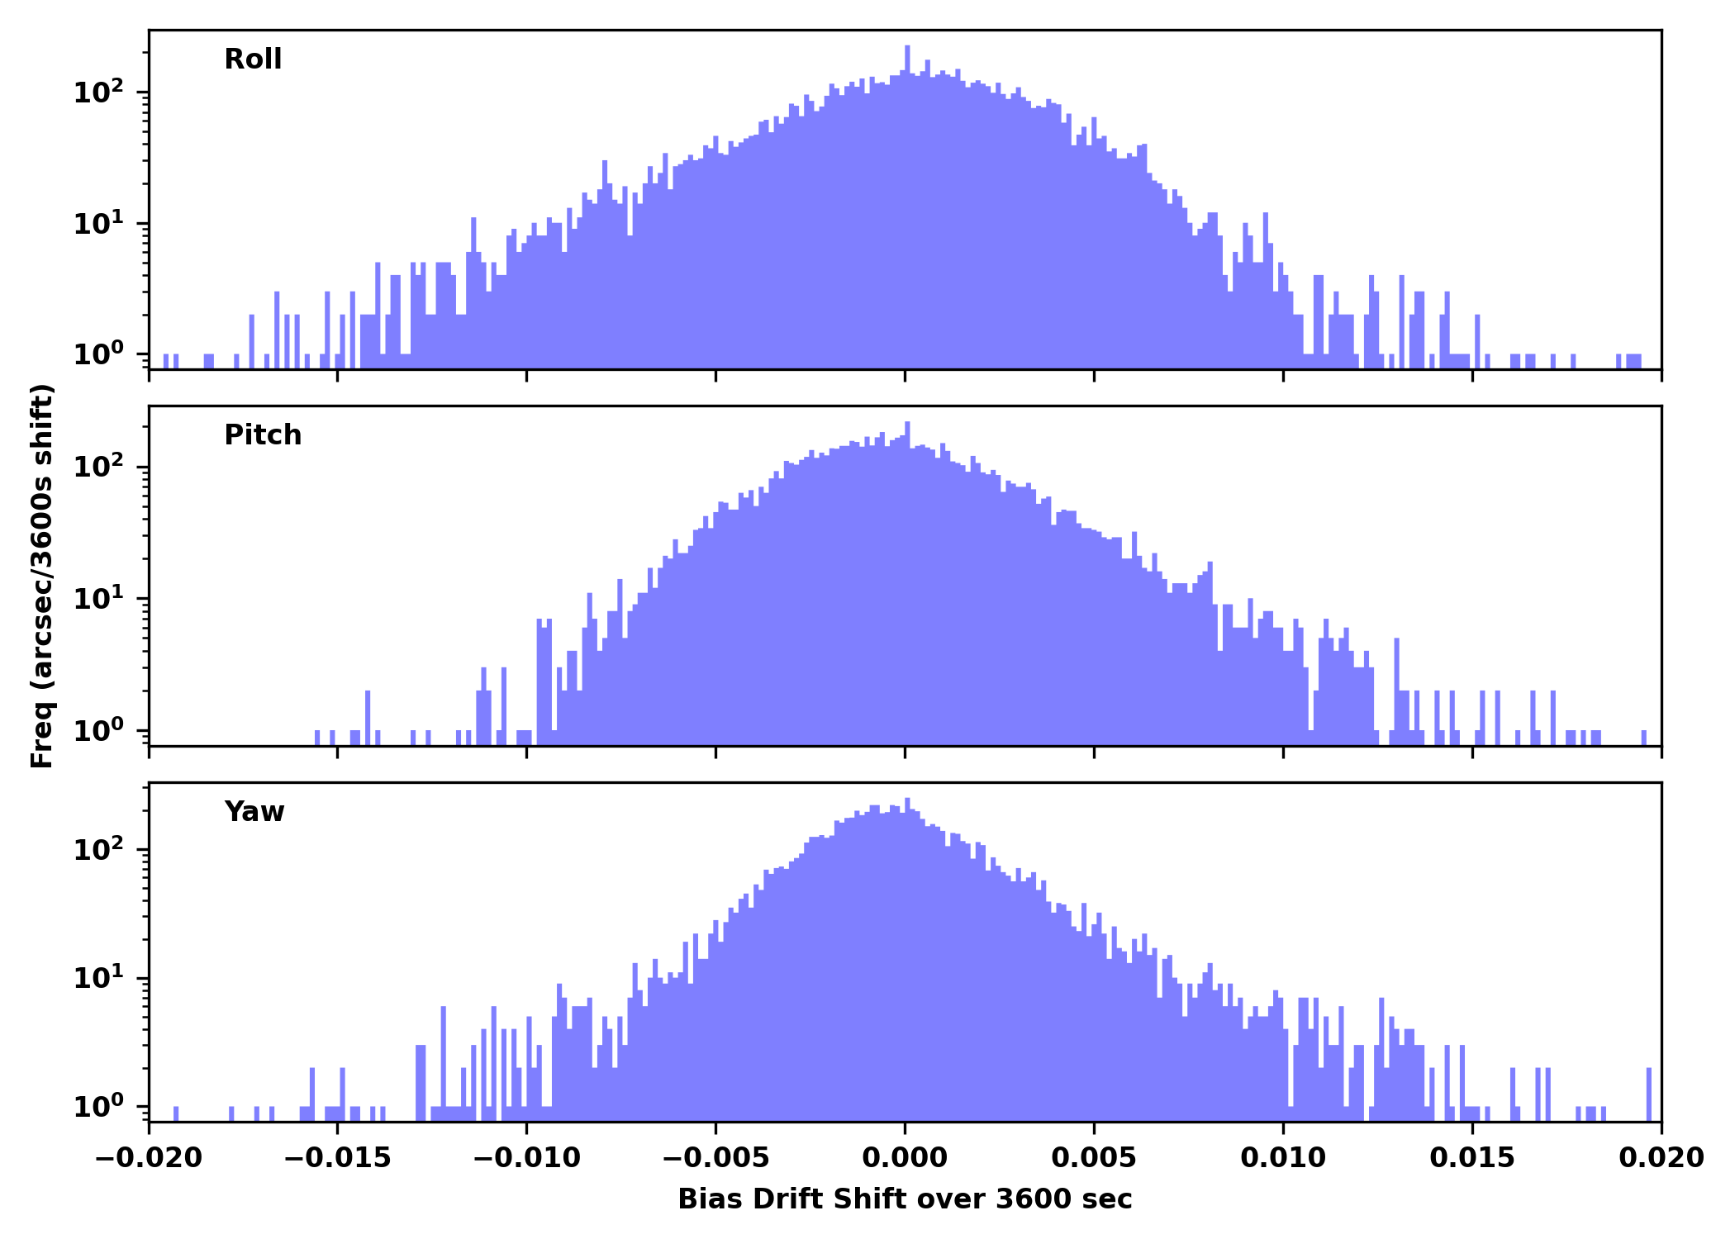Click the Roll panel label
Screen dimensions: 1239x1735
pos(253,59)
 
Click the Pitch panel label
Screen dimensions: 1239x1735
pos(263,435)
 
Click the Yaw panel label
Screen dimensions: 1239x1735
pos(254,812)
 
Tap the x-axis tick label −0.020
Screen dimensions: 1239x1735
pos(149,1158)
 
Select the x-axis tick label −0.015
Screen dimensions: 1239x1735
pos(337,1158)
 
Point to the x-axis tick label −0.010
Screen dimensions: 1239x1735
pos(526,1158)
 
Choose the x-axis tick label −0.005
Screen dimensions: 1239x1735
pos(715,1158)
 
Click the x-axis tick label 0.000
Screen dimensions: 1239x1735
pos(905,1158)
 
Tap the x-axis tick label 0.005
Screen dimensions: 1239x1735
pos(1094,1158)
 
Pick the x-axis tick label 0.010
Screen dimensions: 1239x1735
pos(1283,1158)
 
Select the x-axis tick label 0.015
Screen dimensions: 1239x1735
pos(1472,1158)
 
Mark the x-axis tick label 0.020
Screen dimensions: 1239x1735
pos(1661,1158)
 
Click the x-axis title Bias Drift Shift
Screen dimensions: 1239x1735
pos(905,1199)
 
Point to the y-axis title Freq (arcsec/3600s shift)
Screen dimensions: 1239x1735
pos(42,576)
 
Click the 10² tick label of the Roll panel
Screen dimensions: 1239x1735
pos(97,93)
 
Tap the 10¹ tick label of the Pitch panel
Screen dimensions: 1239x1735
pos(97,599)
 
